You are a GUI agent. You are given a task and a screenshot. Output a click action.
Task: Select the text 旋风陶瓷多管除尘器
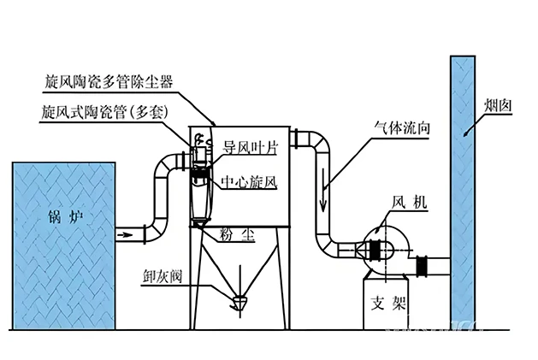click(x=109, y=82)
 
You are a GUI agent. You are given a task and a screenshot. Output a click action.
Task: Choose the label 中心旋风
click(x=250, y=181)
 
